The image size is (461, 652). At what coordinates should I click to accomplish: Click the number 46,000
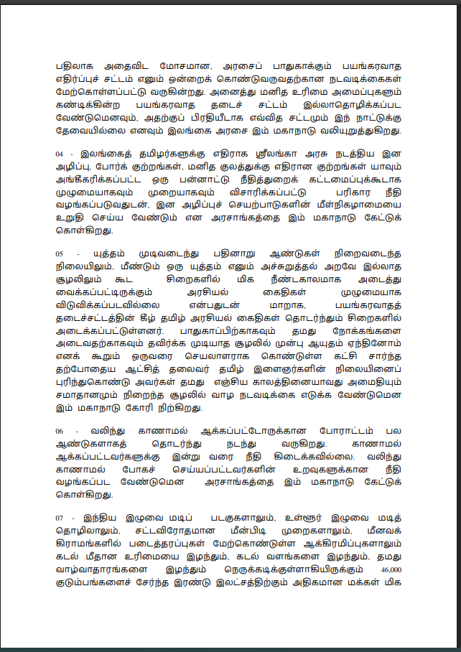[392, 568]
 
